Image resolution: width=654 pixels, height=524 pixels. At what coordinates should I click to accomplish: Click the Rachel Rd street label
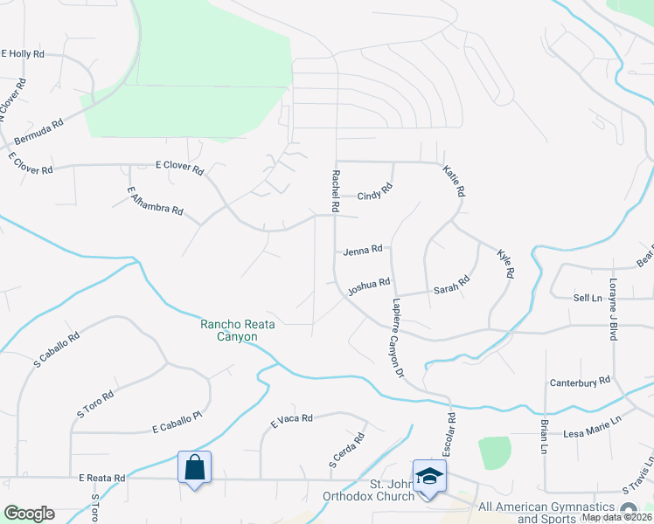(x=334, y=191)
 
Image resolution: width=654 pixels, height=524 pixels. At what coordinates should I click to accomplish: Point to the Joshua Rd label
(x=368, y=286)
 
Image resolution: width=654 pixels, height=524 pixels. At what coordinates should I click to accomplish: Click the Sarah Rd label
(x=452, y=284)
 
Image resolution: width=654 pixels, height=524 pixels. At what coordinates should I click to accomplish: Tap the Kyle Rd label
(x=504, y=264)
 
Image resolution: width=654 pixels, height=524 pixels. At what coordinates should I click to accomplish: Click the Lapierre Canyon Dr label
(x=394, y=336)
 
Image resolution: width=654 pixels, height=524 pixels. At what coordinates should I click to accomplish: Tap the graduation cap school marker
(x=429, y=476)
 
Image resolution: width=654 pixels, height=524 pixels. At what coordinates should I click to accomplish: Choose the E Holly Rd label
(x=23, y=54)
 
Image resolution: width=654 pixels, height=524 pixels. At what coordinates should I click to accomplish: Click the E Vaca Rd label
(x=291, y=420)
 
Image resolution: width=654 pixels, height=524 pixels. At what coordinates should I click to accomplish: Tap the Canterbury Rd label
(x=580, y=383)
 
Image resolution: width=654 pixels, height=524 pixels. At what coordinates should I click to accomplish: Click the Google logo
(x=29, y=514)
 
